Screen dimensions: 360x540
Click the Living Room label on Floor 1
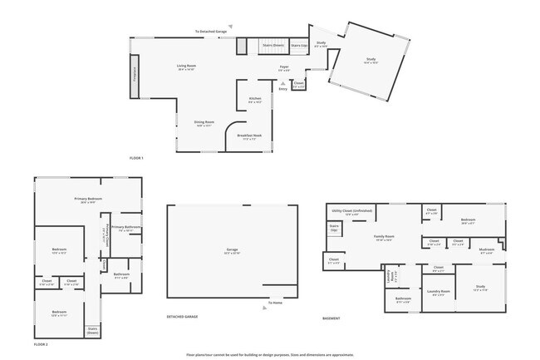click(x=186, y=66)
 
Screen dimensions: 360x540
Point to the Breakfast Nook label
click(x=250, y=137)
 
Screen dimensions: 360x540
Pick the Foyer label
click(x=283, y=67)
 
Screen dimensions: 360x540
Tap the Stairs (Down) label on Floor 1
click(x=273, y=45)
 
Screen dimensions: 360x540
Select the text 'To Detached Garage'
click(x=210, y=32)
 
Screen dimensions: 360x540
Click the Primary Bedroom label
click(x=88, y=200)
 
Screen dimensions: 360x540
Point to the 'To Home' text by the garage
click(x=275, y=303)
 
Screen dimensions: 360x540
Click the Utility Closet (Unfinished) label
click(x=352, y=212)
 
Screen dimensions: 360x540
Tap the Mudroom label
click(x=487, y=249)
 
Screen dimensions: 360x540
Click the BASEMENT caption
click(x=331, y=318)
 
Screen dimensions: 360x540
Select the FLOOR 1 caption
click(x=136, y=158)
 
